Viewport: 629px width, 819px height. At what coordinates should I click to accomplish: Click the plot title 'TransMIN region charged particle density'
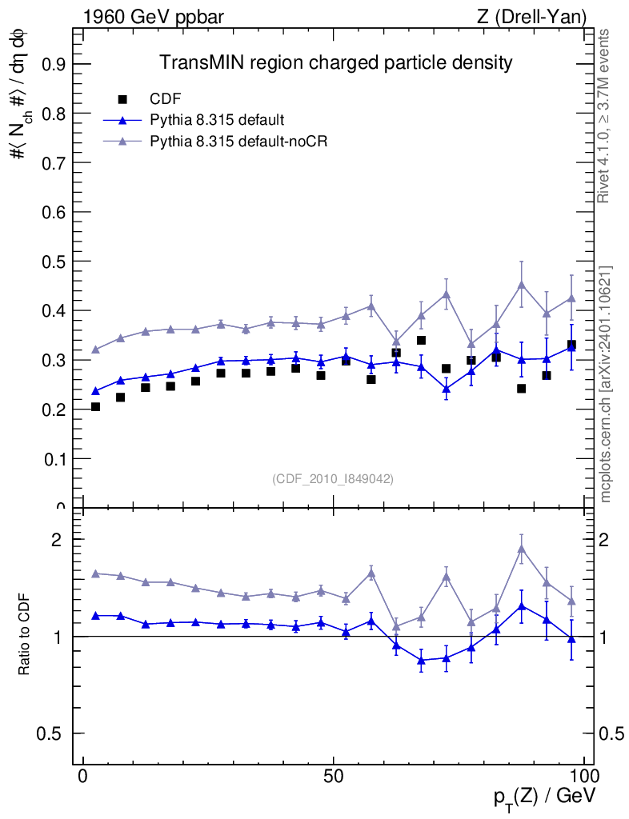pyautogui.click(x=335, y=62)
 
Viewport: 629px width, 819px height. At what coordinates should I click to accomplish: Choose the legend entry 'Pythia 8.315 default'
pyautogui.click(x=217, y=120)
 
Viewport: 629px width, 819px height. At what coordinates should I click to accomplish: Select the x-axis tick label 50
pyautogui.click(x=334, y=777)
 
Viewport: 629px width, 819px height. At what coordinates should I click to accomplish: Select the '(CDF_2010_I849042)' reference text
pyautogui.click(x=333, y=478)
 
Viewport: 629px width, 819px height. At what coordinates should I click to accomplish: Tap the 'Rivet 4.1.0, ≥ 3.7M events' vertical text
pyautogui.click(x=605, y=116)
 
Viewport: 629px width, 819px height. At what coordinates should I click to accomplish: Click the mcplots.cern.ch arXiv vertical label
pyautogui.click(x=605, y=384)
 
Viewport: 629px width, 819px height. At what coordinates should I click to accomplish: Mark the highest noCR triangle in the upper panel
pyautogui.click(x=521, y=284)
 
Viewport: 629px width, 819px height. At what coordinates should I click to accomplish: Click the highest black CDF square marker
pyautogui.click(x=421, y=341)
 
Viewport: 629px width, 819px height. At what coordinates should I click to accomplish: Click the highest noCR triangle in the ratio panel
pyautogui.click(x=521, y=549)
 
